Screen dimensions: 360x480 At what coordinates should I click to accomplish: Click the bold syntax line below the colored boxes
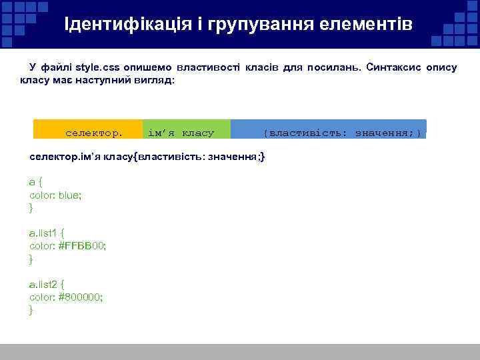pyautogui.click(x=147, y=157)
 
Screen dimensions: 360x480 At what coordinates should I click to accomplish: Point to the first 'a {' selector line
pyautogui.click(x=35, y=182)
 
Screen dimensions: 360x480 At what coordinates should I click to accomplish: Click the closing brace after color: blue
pyautogui.click(x=31, y=208)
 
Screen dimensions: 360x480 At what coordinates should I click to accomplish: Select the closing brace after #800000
pyautogui.click(x=31, y=310)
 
